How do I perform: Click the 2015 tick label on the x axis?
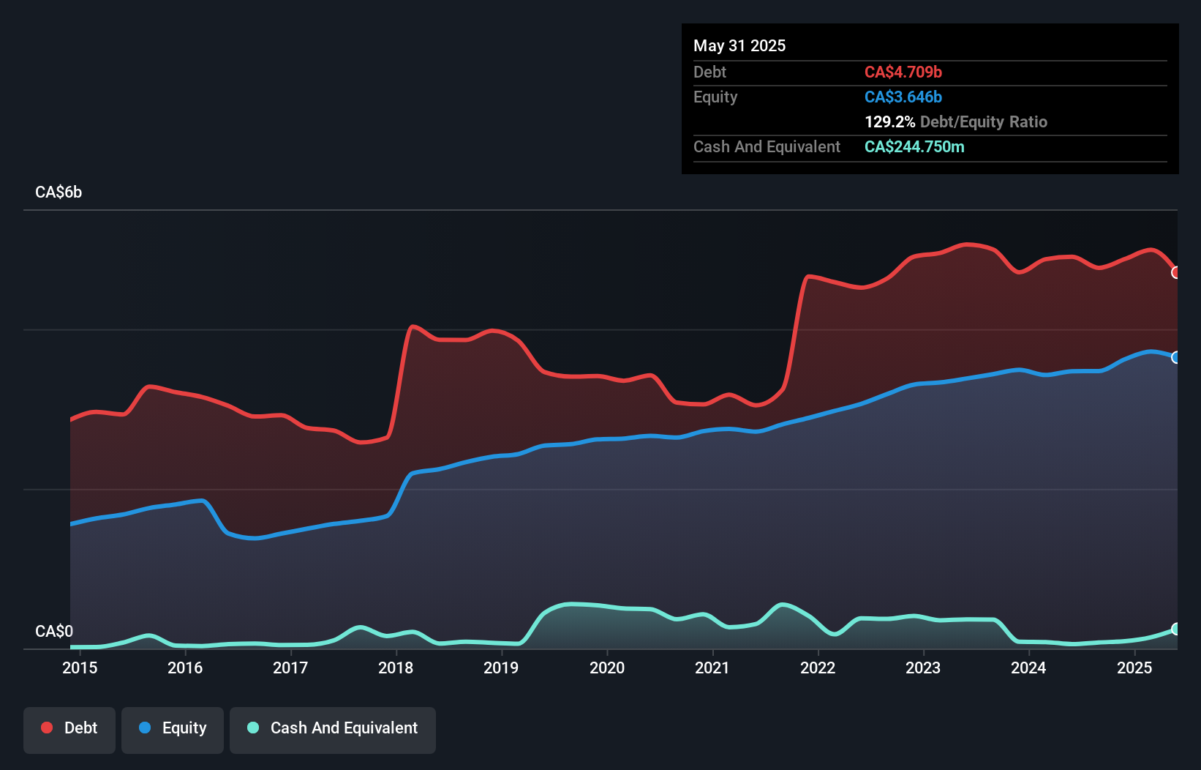click(80, 668)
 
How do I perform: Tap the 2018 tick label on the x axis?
click(396, 668)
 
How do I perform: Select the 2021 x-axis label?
click(712, 668)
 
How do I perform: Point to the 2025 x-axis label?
click(1134, 668)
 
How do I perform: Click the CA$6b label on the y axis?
click(59, 192)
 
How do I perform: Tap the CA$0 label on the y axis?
click(54, 631)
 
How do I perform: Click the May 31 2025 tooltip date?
click(739, 45)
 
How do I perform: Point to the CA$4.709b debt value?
click(903, 72)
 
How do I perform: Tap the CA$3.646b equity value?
click(903, 97)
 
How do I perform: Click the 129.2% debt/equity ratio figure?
click(889, 122)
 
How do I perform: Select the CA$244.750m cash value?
click(914, 146)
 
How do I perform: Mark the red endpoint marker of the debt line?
click(1176, 272)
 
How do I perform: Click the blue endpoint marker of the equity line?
click(1176, 357)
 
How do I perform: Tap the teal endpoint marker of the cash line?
click(1176, 629)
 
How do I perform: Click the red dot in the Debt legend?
click(47, 728)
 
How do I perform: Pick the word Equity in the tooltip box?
click(715, 97)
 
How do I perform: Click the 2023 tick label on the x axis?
click(923, 668)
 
